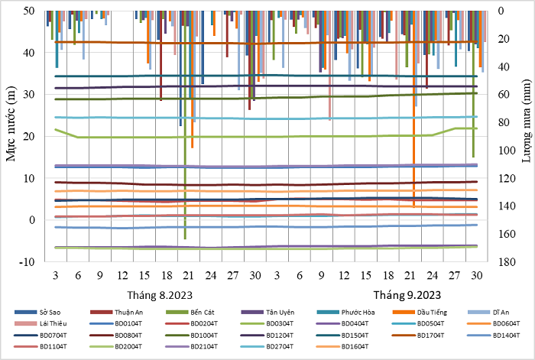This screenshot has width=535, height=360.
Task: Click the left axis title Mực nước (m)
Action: click(11, 136)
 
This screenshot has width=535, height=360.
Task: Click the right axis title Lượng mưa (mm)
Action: click(527, 136)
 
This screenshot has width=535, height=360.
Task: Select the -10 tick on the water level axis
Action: click(25, 261)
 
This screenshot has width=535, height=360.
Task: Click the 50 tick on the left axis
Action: click(29, 11)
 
